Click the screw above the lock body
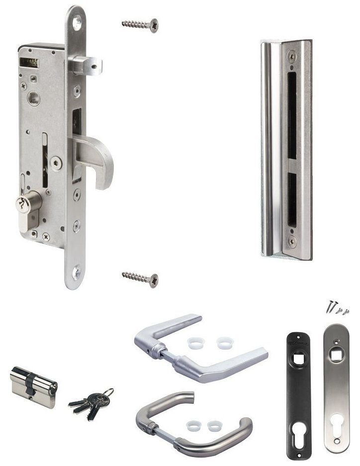140,23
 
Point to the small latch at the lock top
87,65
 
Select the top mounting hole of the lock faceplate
77,21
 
